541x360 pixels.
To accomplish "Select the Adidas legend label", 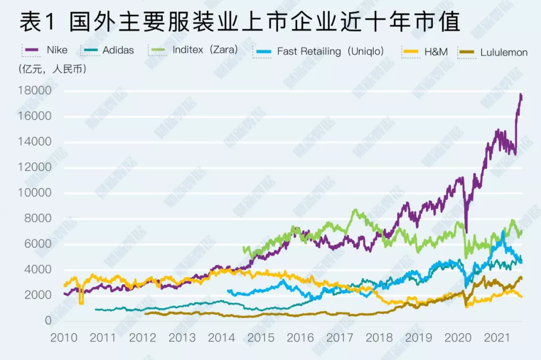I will tap(118, 50).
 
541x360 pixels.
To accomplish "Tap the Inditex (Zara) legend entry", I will tap(205, 50).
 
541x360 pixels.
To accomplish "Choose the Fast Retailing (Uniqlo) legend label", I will tap(330, 51).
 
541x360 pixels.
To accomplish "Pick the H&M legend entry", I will tap(436, 52).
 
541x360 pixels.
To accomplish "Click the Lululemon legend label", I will tap(503, 52).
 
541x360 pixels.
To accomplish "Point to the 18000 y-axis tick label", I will tap(34, 91).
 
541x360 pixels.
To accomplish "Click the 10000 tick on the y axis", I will tap(34, 193).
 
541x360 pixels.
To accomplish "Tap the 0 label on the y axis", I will tap(48, 321).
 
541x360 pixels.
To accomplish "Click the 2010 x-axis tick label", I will tap(64, 337).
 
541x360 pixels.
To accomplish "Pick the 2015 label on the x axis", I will tap(261, 337).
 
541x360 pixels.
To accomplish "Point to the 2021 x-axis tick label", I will tap(498, 337).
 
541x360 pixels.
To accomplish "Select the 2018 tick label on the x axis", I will tap(379, 337).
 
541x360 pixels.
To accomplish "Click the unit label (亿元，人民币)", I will tap(52, 69).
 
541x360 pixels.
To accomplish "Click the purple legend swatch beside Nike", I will tap(32, 50).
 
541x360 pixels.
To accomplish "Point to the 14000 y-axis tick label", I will tap(34, 142).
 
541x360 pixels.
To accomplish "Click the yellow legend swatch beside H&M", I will tap(410, 52).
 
